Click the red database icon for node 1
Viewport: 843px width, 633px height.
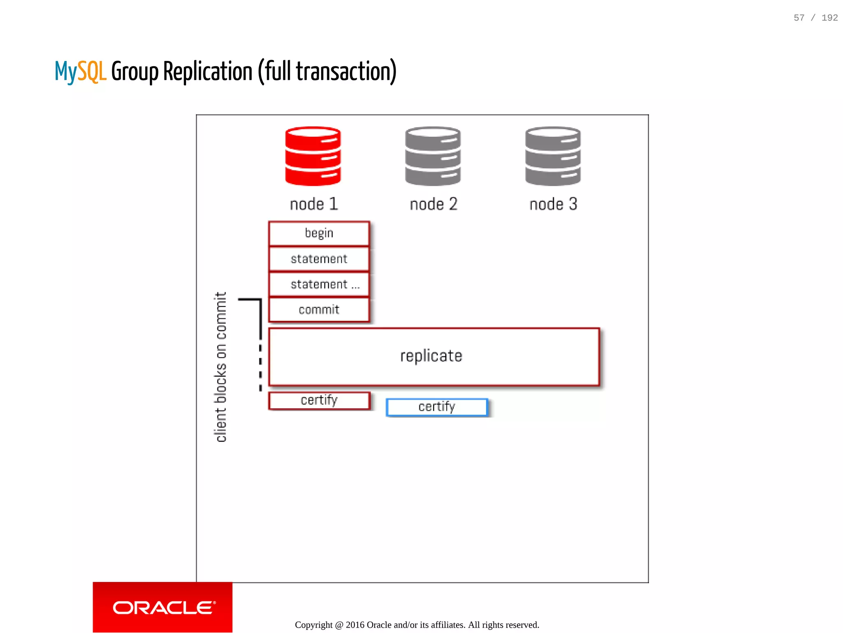click(x=313, y=156)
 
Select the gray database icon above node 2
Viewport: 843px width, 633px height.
click(x=433, y=156)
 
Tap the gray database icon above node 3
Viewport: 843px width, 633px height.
click(x=553, y=156)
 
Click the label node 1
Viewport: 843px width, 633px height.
click(x=314, y=204)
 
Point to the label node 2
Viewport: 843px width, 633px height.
click(x=433, y=204)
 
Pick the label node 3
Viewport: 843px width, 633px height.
click(x=553, y=204)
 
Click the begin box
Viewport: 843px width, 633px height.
click(x=319, y=234)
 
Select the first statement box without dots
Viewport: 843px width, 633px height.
click(x=319, y=259)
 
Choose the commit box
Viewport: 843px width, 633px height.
click(x=319, y=310)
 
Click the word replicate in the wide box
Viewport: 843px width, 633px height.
click(x=431, y=356)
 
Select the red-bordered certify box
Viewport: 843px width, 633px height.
click(x=319, y=400)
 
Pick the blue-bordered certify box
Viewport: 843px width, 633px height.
click(x=437, y=407)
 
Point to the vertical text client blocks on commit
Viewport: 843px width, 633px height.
click(x=221, y=367)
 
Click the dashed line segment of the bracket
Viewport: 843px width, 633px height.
click(x=261, y=367)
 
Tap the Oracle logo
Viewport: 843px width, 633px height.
click(x=163, y=607)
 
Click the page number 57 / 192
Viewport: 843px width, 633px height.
click(x=815, y=18)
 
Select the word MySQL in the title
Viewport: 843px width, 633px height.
click(x=81, y=72)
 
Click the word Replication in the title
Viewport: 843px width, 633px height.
click(x=208, y=72)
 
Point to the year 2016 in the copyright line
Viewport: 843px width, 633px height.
click(x=355, y=625)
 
